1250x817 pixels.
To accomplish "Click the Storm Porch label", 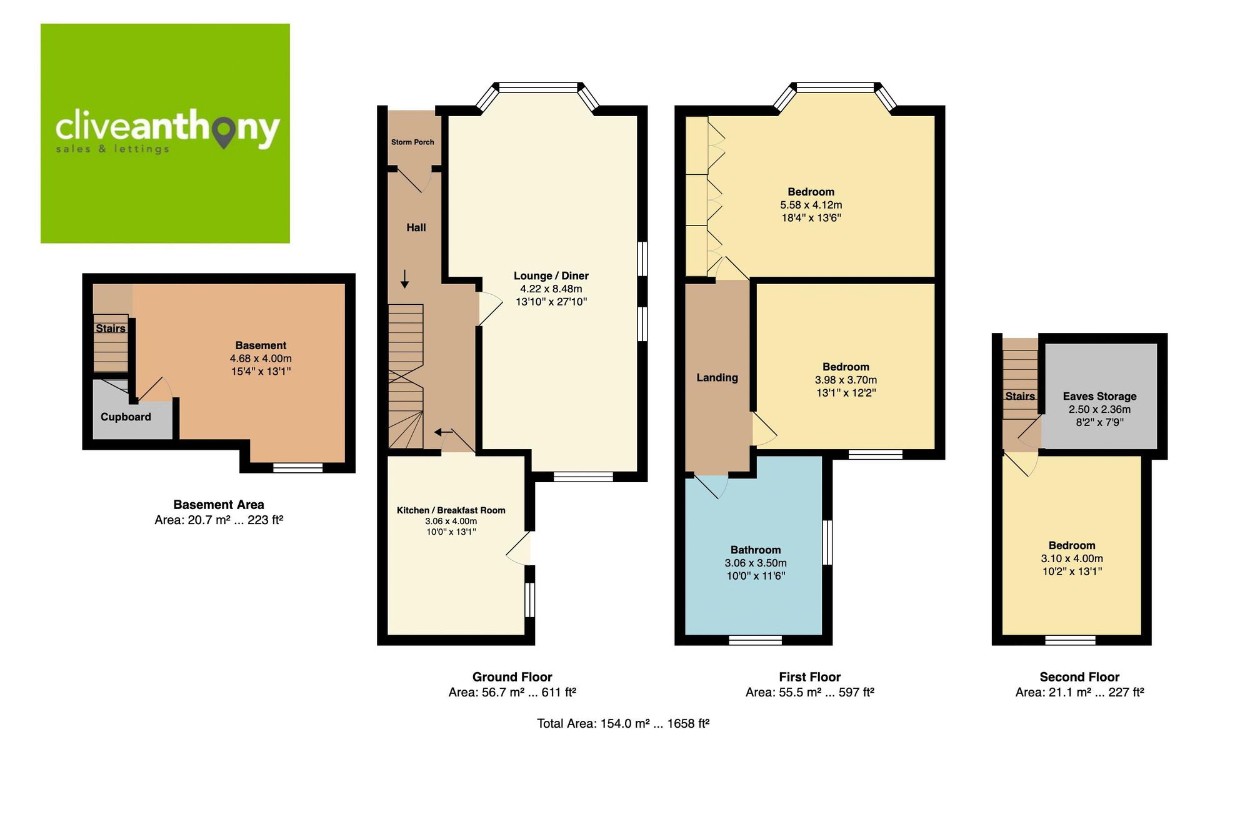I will click(x=412, y=142).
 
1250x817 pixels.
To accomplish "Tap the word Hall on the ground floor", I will click(x=416, y=228).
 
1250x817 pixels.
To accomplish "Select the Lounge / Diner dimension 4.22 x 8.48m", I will click(x=551, y=289).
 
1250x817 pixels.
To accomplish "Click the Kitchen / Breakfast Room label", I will click(x=451, y=510).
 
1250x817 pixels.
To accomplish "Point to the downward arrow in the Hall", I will click(x=404, y=279).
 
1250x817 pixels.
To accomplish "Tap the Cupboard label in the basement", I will click(x=126, y=417).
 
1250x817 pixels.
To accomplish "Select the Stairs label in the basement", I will click(x=110, y=329).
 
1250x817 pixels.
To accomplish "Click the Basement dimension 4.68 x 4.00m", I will click(x=261, y=359).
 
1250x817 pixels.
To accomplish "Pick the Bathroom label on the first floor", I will click(x=756, y=550).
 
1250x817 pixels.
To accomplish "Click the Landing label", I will click(x=717, y=378).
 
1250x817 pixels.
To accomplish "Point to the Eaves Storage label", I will click(x=1099, y=397).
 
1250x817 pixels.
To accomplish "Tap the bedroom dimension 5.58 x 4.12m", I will click(x=811, y=205).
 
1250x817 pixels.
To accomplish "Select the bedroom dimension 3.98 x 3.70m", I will click(x=846, y=380).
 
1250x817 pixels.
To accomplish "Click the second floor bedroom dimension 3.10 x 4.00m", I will click(x=1071, y=559).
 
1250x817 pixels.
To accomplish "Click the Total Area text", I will click(x=622, y=724).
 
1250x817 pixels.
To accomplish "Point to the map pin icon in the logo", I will click(x=224, y=133).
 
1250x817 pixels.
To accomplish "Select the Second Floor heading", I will click(x=1079, y=677).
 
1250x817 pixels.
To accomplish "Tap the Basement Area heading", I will click(x=219, y=505).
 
